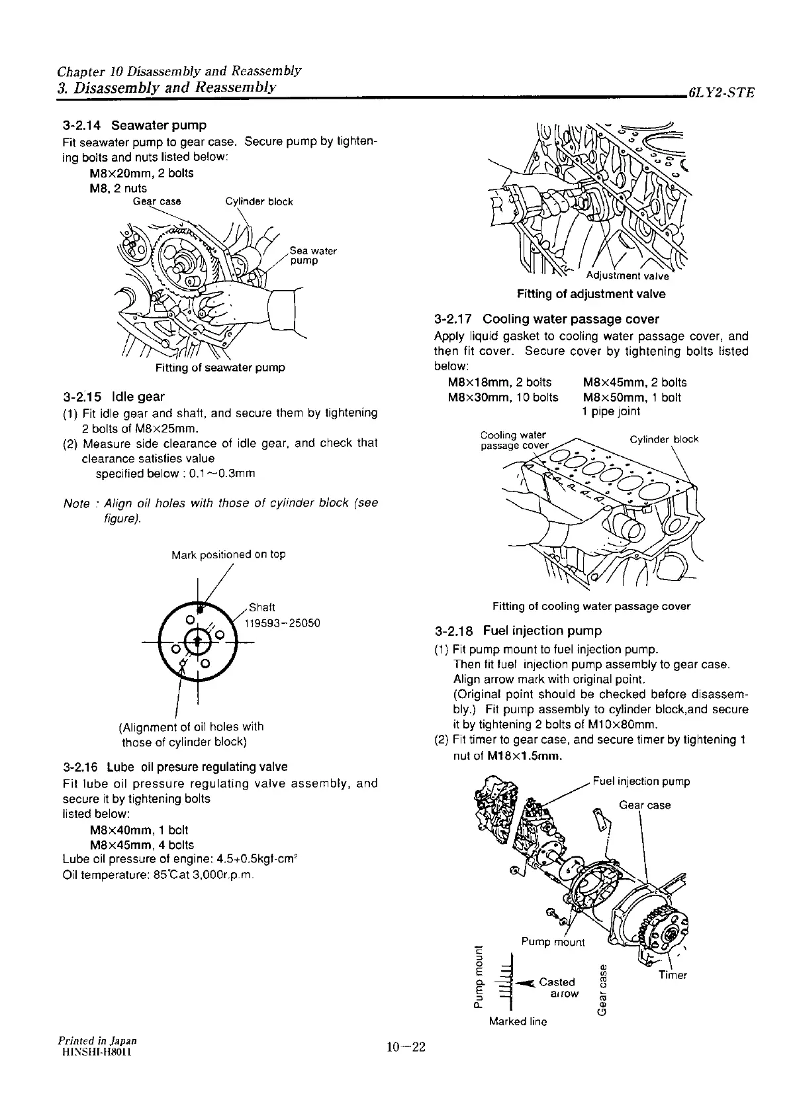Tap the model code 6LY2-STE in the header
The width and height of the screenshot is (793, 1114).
(721, 93)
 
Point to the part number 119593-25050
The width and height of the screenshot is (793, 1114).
(283, 623)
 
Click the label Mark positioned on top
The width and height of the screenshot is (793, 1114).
(228, 554)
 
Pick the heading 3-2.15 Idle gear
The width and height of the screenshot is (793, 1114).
(113, 397)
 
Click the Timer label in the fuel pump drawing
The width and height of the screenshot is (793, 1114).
(673, 975)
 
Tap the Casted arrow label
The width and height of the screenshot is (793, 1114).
(557, 987)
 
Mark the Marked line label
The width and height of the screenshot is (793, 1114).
(518, 1021)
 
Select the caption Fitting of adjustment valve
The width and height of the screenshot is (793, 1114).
(591, 294)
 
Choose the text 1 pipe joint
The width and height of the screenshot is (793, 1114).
(611, 411)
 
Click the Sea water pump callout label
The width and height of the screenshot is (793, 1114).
(312, 256)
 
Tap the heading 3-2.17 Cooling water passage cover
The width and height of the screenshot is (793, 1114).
(547, 319)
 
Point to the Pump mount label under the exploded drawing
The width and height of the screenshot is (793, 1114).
(553, 942)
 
